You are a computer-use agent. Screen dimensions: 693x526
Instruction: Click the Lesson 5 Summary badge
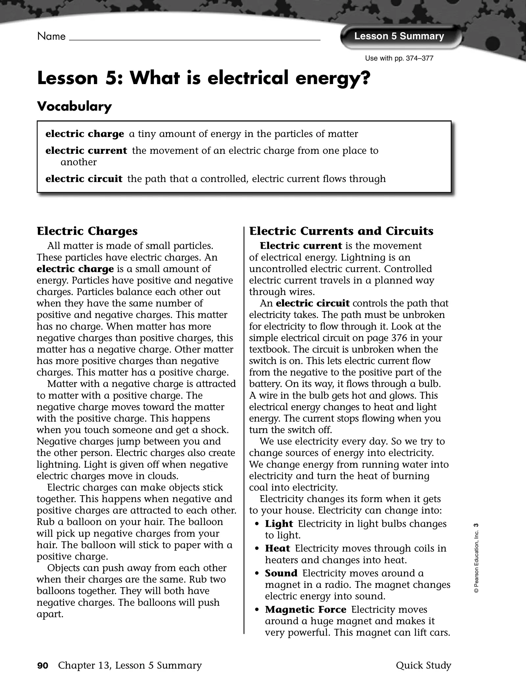(399, 36)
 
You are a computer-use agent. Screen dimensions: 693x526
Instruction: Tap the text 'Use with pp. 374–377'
(399, 58)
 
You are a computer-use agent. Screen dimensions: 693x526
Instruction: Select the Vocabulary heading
(74, 106)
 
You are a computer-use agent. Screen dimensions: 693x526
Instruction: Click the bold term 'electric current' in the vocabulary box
(86, 151)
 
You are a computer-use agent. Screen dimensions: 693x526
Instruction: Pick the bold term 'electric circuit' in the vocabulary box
(84, 179)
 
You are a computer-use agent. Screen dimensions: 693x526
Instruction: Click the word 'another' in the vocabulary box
(79, 162)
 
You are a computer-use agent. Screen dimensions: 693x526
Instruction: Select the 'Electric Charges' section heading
(87, 231)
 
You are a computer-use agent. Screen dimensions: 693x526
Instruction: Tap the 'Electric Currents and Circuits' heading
(341, 231)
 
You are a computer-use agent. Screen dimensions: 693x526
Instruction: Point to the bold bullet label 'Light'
(279, 524)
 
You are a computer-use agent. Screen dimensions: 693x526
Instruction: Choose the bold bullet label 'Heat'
(277, 548)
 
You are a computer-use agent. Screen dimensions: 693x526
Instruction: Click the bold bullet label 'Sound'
(281, 573)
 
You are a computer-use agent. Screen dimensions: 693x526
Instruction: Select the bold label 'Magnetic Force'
(305, 610)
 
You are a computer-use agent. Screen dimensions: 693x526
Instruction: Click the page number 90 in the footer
(43, 666)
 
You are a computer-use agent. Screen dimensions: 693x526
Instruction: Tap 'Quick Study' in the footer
(423, 665)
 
